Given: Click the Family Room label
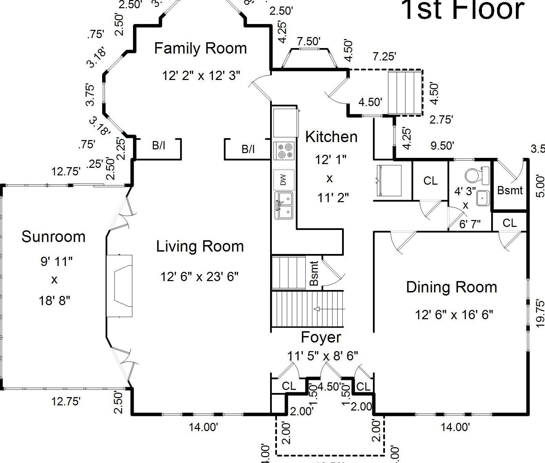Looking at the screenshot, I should click(x=201, y=48).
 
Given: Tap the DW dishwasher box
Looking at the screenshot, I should click(x=283, y=180).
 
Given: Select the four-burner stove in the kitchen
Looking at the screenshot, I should click(x=284, y=151).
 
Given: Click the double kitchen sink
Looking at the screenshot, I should click(x=284, y=205).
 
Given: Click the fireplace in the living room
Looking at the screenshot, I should click(x=120, y=286).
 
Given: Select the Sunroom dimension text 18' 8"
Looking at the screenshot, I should click(x=54, y=301).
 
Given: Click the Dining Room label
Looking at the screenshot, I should click(x=451, y=288).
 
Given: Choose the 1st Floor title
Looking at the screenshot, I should click(x=463, y=10).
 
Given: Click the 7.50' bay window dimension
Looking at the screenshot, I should click(x=308, y=42).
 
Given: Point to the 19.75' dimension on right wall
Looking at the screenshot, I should click(x=540, y=313).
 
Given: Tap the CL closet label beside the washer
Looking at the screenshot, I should click(x=430, y=181).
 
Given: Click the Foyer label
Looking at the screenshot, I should click(x=321, y=337).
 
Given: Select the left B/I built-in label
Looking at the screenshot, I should click(x=158, y=146).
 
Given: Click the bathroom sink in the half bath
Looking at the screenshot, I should click(x=483, y=198).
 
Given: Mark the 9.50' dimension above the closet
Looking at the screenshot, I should click(x=442, y=146).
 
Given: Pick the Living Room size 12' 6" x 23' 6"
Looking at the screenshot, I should click(x=199, y=276).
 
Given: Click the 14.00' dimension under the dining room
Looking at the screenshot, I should click(x=455, y=427).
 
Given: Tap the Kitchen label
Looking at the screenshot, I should click(x=331, y=137).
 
